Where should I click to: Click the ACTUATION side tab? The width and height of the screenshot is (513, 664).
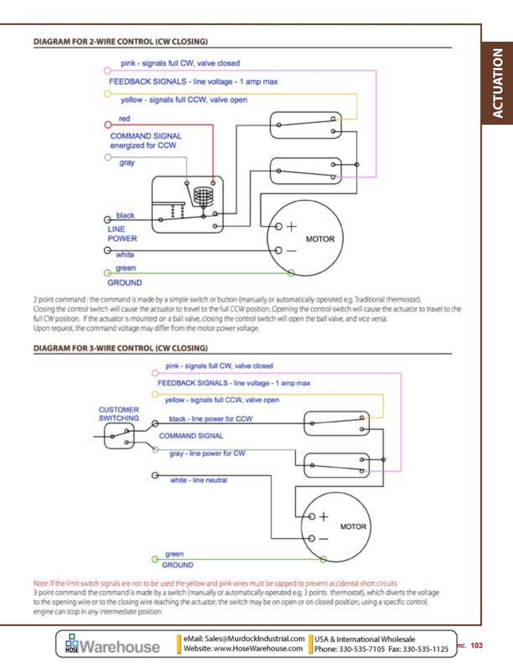[497, 83]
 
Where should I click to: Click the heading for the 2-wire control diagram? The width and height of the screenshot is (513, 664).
[120, 42]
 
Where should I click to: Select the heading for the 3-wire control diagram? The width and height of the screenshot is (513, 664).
[120, 348]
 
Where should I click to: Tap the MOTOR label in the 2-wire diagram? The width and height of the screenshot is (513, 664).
[320, 239]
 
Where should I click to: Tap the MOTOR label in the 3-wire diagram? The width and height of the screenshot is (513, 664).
[353, 527]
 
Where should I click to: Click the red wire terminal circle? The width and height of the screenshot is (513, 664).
[107, 125]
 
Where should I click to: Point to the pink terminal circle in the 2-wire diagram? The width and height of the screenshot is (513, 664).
[107, 71]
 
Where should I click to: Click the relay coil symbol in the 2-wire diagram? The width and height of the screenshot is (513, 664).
[203, 195]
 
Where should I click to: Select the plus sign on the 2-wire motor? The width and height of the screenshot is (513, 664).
[291, 227]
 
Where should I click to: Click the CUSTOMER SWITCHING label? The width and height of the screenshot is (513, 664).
[118, 414]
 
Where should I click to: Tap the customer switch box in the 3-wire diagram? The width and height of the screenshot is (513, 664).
[118, 436]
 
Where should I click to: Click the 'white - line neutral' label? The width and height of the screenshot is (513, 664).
[198, 480]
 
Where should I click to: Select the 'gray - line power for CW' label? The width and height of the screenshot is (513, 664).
[207, 453]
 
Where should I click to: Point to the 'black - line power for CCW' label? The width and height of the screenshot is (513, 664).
[210, 419]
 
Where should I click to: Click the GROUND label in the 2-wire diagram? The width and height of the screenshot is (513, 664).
[124, 283]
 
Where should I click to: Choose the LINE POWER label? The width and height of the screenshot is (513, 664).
[122, 234]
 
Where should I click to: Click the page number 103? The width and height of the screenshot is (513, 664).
[476, 645]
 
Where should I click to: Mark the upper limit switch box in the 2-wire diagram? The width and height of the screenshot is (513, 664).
[306, 125]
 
